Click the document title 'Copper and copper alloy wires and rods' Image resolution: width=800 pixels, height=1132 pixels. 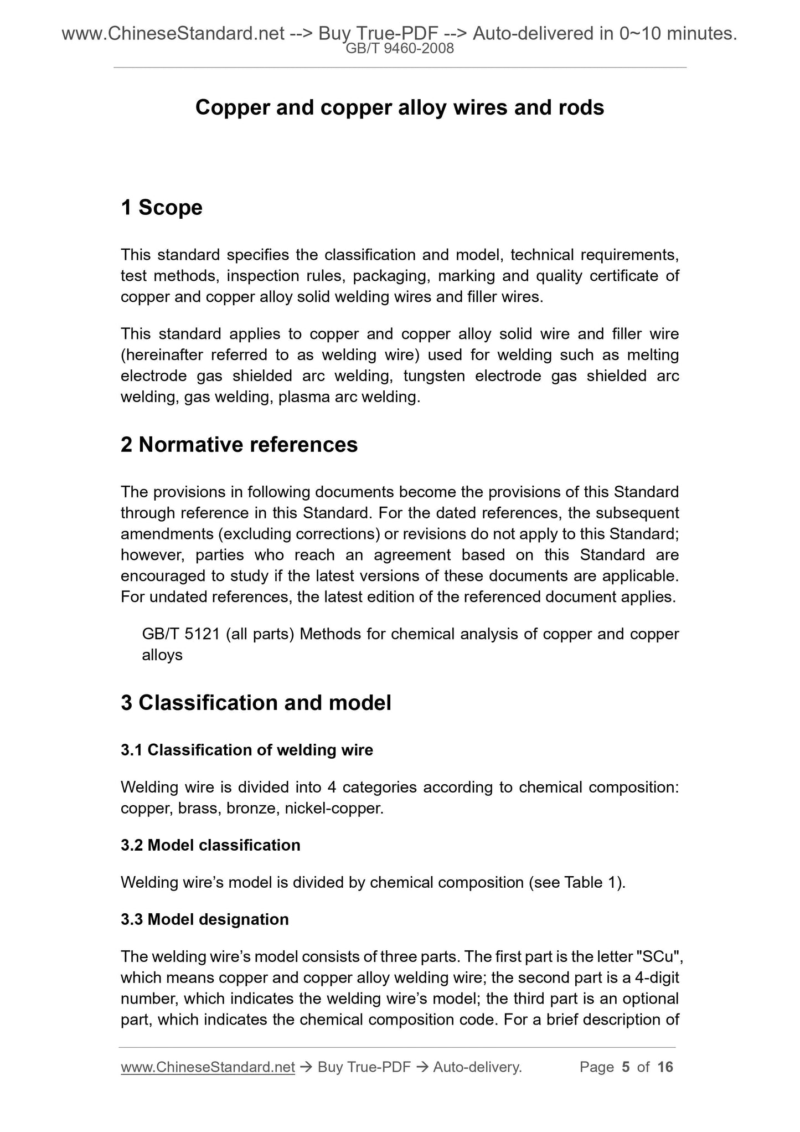[399, 107]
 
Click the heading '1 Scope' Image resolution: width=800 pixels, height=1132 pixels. [162, 208]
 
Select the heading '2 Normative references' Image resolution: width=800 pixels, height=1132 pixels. [239, 445]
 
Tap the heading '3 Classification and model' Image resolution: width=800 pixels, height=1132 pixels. [256, 703]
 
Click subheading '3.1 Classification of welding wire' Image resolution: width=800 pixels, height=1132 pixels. [247, 750]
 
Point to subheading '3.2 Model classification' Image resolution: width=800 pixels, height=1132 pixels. [210, 845]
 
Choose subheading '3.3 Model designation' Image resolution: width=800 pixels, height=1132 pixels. [205, 919]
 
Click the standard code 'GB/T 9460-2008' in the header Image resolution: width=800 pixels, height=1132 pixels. [399, 49]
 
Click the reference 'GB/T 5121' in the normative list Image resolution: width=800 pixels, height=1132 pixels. [181, 634]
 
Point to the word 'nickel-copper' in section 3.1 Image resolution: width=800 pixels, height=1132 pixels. [333, 809]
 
